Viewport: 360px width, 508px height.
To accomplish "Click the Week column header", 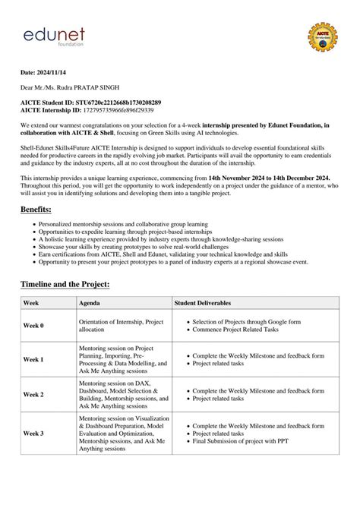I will point(31,302).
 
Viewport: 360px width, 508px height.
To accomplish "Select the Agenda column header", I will point(89,302).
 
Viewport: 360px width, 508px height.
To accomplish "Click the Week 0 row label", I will point(33,326).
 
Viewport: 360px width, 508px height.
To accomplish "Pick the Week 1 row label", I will point(33,359).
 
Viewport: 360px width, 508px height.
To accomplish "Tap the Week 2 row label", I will point(33,395).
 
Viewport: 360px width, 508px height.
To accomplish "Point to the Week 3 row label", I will point(33,433).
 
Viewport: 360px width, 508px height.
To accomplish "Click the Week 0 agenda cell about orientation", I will point(121,326).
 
